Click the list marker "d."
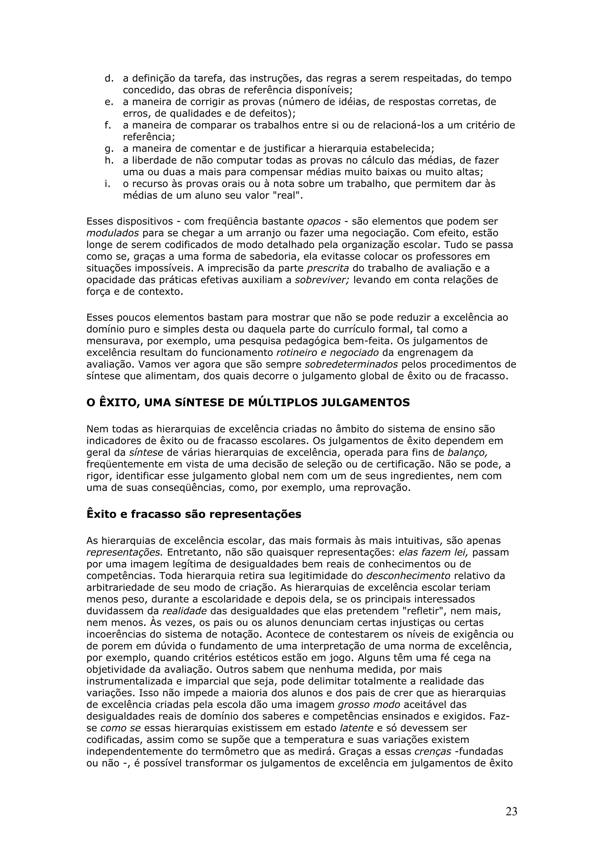coord(109,78)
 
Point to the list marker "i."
coord(107,184)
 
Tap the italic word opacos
coord(324,221)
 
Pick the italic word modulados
coord(113,233)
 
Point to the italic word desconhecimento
coord(408,576)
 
